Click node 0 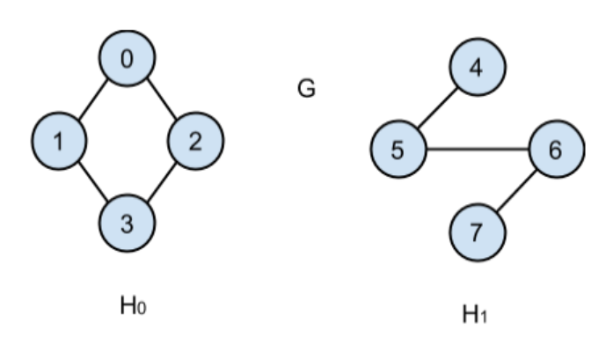(128, 60)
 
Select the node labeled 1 (58, 141)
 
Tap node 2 (195, 141)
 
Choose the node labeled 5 (398, 150)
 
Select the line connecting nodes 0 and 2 (162, 99)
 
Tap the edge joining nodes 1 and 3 (92, 181)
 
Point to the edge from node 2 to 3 (162, 181)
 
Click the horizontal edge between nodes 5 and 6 (477, 150)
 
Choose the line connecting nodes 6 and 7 (516, 191)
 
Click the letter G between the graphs (306, 89)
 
